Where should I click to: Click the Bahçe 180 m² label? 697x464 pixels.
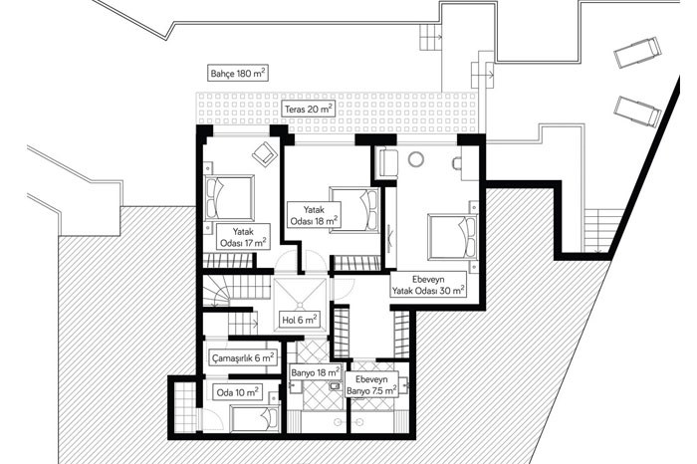click(238, 73)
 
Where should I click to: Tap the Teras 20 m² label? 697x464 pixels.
click(309, 109)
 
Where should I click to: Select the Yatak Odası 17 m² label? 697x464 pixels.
click(243, 237)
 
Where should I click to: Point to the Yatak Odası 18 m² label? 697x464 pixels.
click(314, 215)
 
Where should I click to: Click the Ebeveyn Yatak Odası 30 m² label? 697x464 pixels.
click(428, 285)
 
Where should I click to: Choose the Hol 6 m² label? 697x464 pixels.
click(300, 320)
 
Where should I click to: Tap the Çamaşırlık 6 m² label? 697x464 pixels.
click(242, 357)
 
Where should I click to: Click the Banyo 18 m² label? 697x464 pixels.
click(316, 372)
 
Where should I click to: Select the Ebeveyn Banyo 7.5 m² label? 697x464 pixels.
click(371, 385)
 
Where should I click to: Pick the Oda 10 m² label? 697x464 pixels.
click(237, 393)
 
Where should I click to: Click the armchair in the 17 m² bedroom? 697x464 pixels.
click(265, 153)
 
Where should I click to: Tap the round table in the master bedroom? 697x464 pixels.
click(416, 159)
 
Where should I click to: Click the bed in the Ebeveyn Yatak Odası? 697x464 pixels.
click(452, 237)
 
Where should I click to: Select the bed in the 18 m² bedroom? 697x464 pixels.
click(354, 210)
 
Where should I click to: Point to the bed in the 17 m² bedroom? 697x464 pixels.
click(229, 197)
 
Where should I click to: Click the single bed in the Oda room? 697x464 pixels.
click(255, 418)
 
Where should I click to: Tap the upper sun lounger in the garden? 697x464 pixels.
click(637, 53)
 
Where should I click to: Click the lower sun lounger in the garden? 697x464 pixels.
click(637, 111)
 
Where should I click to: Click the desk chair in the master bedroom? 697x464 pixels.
click(456, 163)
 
